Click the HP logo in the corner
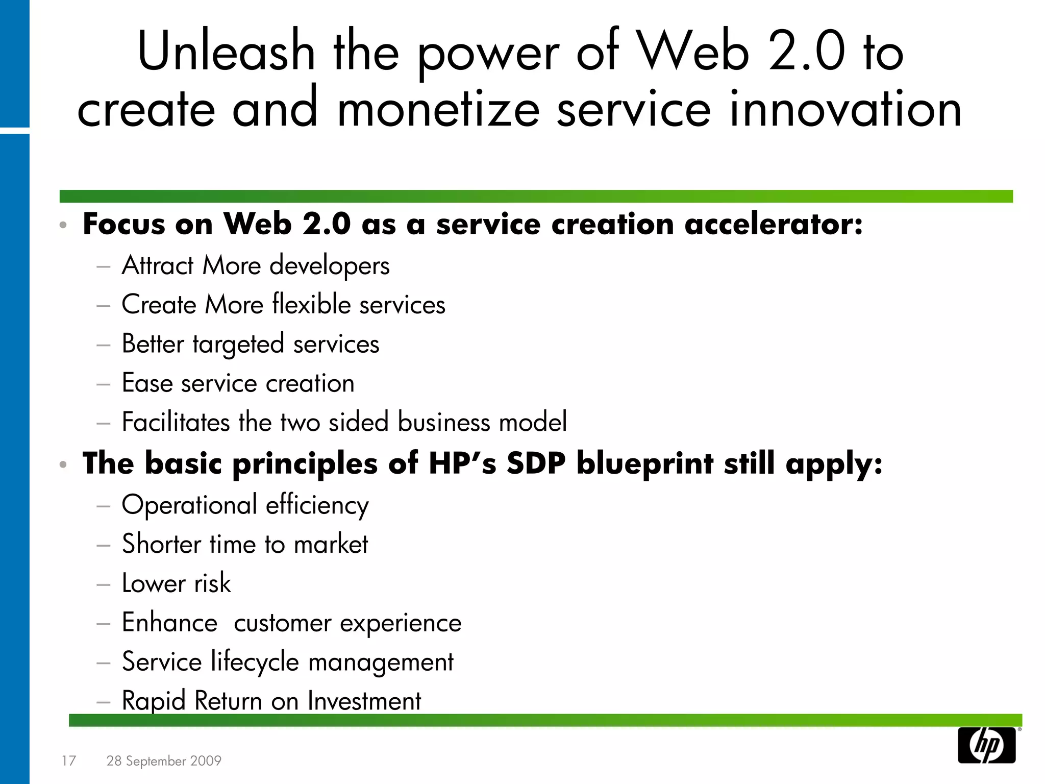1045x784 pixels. click(x=986, y=745)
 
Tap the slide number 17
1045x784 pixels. click(x=68, y=761)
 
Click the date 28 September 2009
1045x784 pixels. click(x=164, y=761)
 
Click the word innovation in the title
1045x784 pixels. click(x=845, y=109)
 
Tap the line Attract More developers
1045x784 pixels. click(x=255, y=266)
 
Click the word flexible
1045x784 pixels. click(x=311, y=305)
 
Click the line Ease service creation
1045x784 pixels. click(x=238, y=383)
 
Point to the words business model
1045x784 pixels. click(x=482, y=423)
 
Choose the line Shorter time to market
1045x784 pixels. click(x=245, y=544)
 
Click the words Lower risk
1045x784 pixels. click(x=176, y=583)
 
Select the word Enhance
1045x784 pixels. click(x=169, y=623)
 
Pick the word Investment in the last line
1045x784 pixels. click(x=364, y=701)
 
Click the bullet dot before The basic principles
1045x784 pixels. click(x=63, y=464)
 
